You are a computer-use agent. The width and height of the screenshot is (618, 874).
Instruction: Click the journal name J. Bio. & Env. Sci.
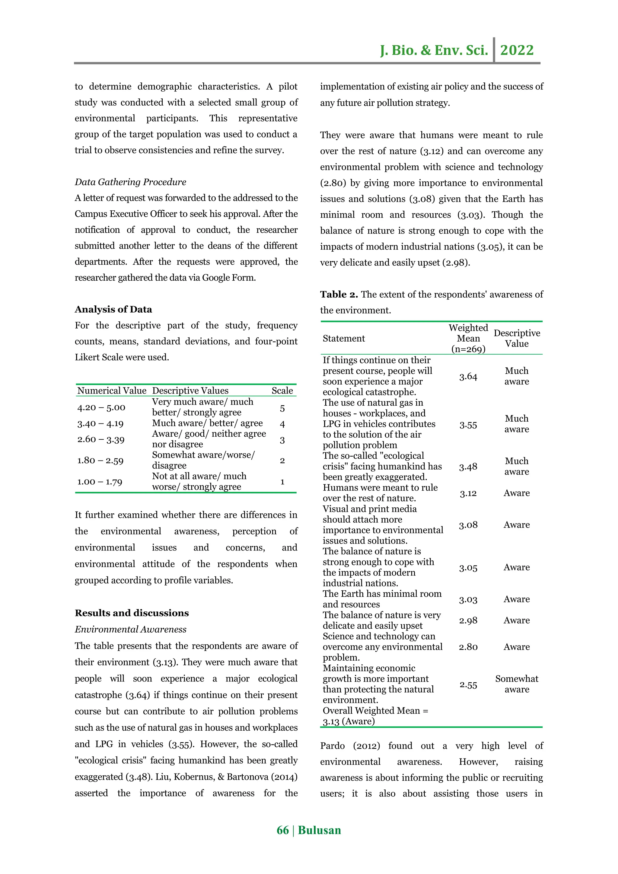pos(434,50)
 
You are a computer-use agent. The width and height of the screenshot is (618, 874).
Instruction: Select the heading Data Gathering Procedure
pos(130,182)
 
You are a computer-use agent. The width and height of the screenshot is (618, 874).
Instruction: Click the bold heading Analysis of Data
pos(113,309)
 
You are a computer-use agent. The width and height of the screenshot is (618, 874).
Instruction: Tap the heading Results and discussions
pos(132,613)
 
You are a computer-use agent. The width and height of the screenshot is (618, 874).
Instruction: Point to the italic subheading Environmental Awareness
pos(130,629)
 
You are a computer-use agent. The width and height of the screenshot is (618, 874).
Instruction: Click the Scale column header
pos(282,391)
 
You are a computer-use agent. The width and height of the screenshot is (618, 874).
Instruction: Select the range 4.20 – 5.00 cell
pos(101,407)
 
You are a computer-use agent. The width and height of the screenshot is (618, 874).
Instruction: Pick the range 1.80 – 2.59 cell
pos(100,460)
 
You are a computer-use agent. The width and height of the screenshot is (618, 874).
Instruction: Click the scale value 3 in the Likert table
pos(282,440)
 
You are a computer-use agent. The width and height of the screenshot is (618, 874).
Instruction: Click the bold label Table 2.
pos(339,294)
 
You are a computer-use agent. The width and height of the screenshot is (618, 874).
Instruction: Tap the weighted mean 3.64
pos(468,376)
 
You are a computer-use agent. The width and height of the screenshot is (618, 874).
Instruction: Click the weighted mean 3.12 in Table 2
pos(468,493)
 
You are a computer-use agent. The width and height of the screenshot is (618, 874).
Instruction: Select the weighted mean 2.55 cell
pos(468,685)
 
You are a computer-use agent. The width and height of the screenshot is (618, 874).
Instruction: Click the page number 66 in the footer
pos(282,830)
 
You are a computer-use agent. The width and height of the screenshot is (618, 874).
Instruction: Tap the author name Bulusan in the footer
pos(319,830)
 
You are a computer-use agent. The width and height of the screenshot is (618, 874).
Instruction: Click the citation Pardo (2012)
pos(350,746)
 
